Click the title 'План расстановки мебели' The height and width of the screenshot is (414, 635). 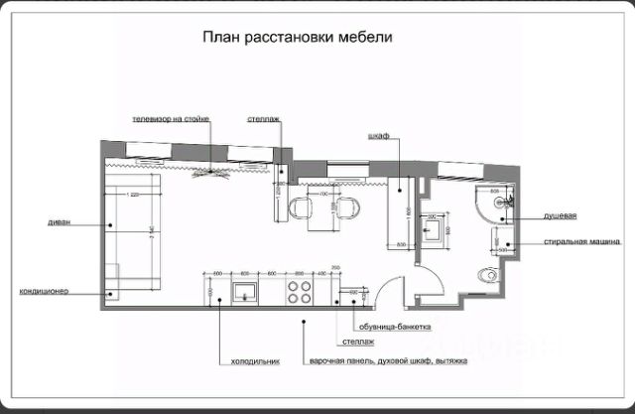(x=299, y=38)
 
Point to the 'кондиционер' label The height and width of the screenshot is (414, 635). (x=44, y=292)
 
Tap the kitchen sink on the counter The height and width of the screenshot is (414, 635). (x=244, y=292)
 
